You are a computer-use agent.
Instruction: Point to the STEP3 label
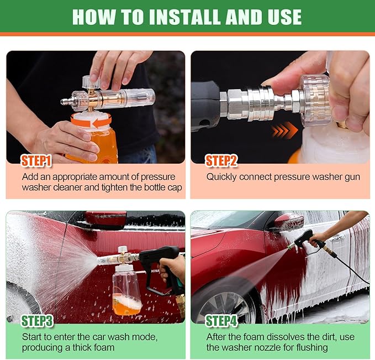[37, 321]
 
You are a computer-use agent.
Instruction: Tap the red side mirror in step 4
[289, 221]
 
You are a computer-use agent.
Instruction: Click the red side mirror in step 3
[105, 217]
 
